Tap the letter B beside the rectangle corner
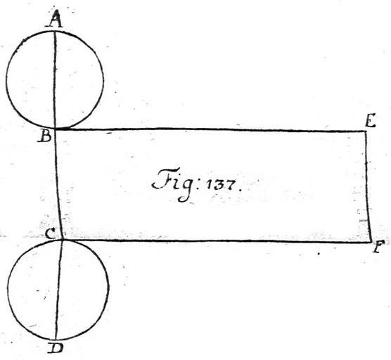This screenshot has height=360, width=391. click(45, 136)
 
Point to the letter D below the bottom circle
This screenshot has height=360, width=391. click(56, 348)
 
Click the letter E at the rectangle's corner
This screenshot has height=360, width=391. click(370, 122)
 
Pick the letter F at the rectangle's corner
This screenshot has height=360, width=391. click(378, 247)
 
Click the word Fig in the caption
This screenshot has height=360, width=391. click(172, 185)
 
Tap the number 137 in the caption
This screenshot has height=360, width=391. click(222, 185)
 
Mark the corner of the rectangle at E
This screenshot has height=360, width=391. click(366, 131)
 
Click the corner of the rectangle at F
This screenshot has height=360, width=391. click(371, 242)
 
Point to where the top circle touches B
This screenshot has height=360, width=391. click(55, 129)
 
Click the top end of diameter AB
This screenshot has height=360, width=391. click(55, 31)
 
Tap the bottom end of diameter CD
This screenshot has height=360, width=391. click(56, 340)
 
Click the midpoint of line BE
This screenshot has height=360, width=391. click(210, 129)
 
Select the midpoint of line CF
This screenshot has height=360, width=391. click(217, 241)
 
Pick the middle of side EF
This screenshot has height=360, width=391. click(367, 186)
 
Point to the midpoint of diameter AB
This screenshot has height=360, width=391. click(55, 79)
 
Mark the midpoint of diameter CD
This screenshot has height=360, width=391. click(59, 290)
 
